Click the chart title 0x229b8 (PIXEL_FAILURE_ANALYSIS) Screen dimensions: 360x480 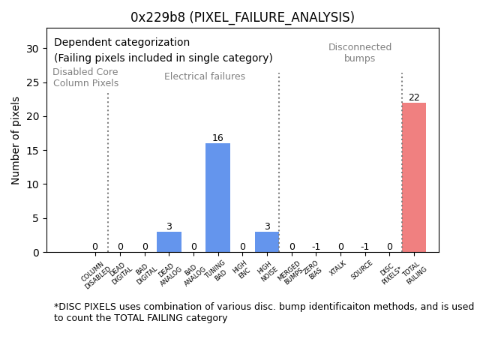(242, 17)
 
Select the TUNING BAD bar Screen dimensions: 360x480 (217, 198)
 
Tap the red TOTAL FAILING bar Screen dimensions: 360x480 (413, 178)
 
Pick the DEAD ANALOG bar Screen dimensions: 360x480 (169, 242)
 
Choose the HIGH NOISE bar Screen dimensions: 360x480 (267, 242)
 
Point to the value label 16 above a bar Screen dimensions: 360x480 (217, 138)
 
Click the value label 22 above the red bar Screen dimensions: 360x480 (414, 97)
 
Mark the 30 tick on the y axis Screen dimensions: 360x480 (33, 49)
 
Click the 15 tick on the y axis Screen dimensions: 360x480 (33, 151)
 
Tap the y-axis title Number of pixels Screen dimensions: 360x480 (16, 140)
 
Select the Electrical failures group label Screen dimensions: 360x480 (205, 76)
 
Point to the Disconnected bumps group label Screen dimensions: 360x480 (360, 53)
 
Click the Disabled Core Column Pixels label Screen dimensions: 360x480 (85, 78)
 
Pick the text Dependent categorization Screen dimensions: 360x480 (121, 43)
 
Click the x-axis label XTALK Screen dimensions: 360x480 (338, 268)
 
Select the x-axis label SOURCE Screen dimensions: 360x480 (362, 269)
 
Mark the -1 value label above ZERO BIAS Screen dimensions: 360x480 (316, 247)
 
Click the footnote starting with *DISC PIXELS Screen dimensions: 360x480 (263, 312)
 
